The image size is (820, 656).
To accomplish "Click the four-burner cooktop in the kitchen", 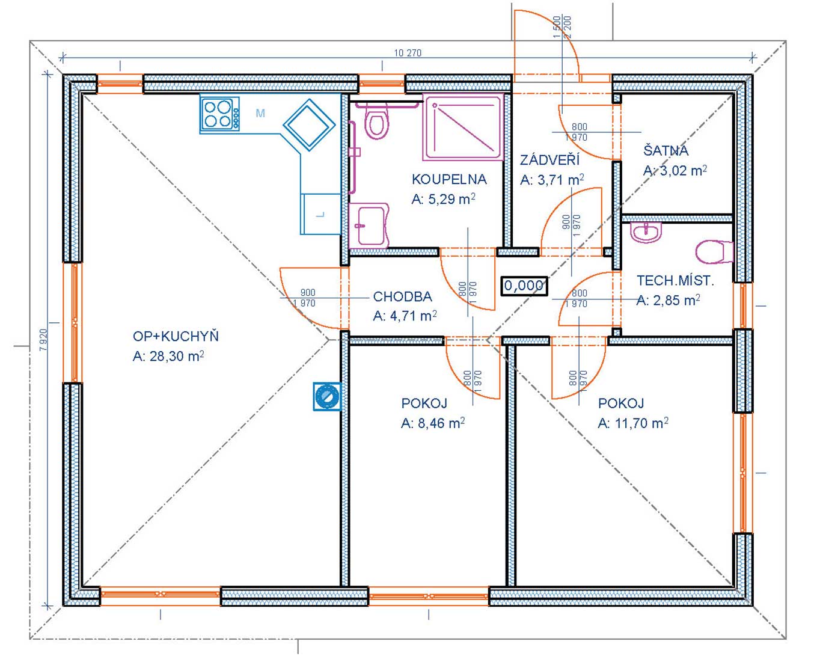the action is coord(220,114).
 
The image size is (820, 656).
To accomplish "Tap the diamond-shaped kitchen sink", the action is coord(309,124).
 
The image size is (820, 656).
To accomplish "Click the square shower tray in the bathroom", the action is coord(463,129).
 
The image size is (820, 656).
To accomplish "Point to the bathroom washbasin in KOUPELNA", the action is coord(369,225).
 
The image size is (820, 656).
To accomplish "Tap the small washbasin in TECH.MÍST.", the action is coord(646,232).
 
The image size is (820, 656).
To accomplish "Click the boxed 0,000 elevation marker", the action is coord(524,286).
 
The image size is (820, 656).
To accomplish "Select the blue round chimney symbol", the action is coord(327,396).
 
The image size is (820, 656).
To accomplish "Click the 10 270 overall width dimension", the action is coord(408,53).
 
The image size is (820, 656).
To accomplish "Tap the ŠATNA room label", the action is coord(666,150).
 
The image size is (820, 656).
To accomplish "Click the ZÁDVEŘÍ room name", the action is coord(550,160).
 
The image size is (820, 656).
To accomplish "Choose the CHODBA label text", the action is coord(403,296).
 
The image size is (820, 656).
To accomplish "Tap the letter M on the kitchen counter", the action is coord(260,113).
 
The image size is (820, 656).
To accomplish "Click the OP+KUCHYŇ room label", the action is coord(176,336).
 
